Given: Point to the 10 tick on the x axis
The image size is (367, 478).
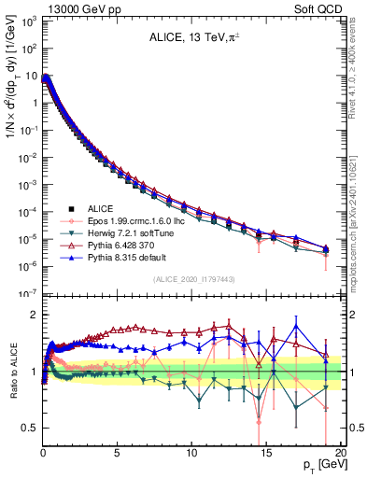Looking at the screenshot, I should click(x=191, y=453).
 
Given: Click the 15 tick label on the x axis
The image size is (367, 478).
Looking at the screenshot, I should click(x=265, y=453).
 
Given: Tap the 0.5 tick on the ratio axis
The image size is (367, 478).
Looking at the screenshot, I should click(x=29, y=428).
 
